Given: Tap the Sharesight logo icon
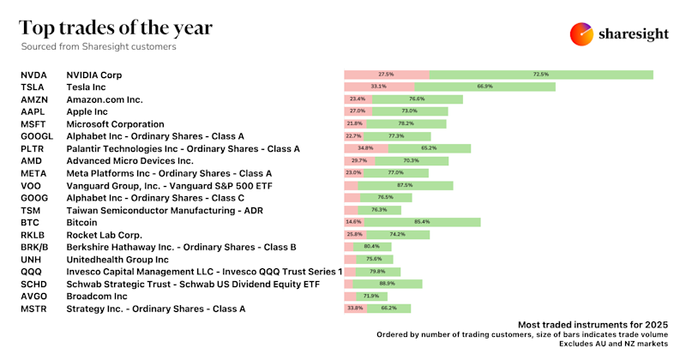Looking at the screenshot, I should (x=582, y=33).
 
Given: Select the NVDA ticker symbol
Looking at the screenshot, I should (x=33, y=75).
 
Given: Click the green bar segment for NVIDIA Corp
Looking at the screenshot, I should (x=541, y=75).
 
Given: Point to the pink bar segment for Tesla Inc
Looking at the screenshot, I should (x=379, y=87).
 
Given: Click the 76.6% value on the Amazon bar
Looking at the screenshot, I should (x=417, y=99).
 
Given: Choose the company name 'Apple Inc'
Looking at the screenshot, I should (x=87, y=111).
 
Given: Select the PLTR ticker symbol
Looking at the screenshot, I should (x=33, y=148).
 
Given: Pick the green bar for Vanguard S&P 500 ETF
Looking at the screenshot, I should (x=406, y=185).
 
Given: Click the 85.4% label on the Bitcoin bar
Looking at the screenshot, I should (x=421, y=222).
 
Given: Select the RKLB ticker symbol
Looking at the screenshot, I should (x=33, y=234).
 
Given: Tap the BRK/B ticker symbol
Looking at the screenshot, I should (x=35, y=247).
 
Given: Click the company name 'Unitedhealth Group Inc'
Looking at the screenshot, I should (x=117, y=259).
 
